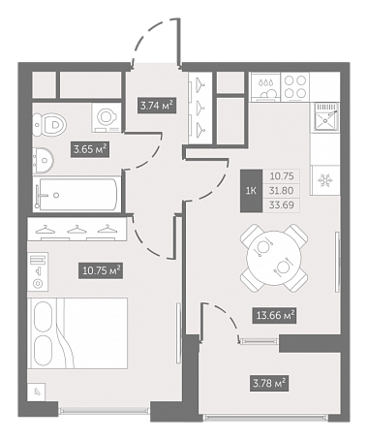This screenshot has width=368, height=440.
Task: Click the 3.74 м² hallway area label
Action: click(157, 106)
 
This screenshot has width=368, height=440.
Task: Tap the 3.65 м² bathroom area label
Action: click(90, 149)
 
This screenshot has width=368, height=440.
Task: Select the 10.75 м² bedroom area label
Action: click(102, 270)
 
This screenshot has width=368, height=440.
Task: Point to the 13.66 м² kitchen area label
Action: click(275, 315)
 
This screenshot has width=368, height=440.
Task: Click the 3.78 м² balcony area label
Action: click(268, 384)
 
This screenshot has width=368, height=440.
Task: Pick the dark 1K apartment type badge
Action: click(251, 191)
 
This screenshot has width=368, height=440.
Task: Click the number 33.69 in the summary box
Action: click(282, 204)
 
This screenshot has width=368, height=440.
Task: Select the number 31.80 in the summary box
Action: click(282, 191)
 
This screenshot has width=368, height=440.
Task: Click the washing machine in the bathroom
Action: click(107, 117)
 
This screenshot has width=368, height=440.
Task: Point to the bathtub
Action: click(76, 194)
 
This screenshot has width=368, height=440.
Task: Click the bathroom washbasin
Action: click(44, 160)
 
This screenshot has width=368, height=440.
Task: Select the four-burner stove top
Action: click(295, 86)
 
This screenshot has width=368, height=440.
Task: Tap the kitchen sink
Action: click(325, 118)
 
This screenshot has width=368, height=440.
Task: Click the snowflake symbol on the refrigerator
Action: click(323, 180)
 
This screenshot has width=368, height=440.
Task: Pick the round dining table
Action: click(274, 259)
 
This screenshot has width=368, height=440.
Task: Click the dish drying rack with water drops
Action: click(266, 86)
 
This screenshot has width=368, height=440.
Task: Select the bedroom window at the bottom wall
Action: click(105, 411)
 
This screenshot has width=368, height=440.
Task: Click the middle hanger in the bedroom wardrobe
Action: click(77, 230)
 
